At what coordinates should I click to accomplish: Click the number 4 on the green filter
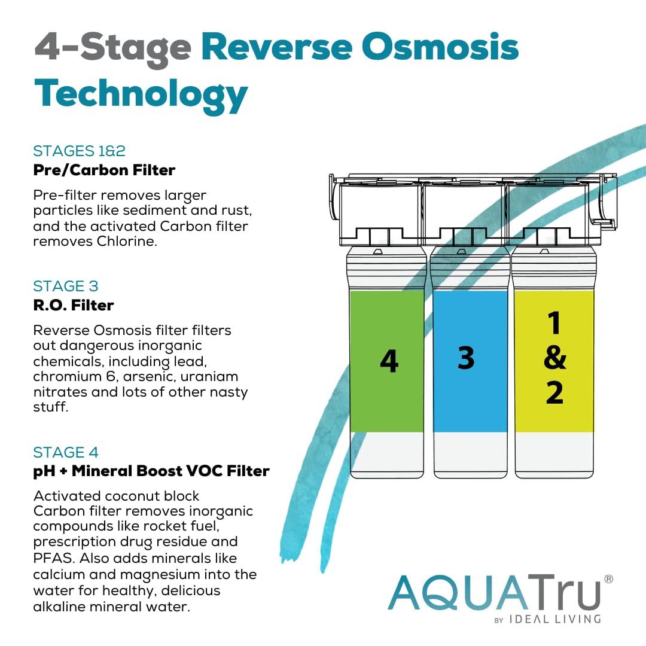pyautogui.click(x=389, y=361)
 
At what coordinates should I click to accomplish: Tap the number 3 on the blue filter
pyautogui.click(x=466, y=357)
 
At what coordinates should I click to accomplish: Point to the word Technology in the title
pyautogui.click(x=141, y=94)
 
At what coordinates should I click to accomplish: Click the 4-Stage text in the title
pyautogui.click(x=113, y=48)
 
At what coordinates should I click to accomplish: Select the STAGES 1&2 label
pyautogui.click(x=79, y=150)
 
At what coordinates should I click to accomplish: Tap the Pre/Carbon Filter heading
pyautogui.click(x=104, y=170)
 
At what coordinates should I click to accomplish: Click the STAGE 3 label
pyautogui.click(x=66, y=286)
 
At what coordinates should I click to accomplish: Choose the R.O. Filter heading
pyautogui.click(x=73, y=305)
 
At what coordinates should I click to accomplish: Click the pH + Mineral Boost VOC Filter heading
pyautogui.click(x=151, y=471)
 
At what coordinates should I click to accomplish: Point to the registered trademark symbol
pyautogui.click(x=609, y=579)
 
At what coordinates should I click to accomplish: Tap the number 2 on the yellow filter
pyautogui.click(x=554, y=393)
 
